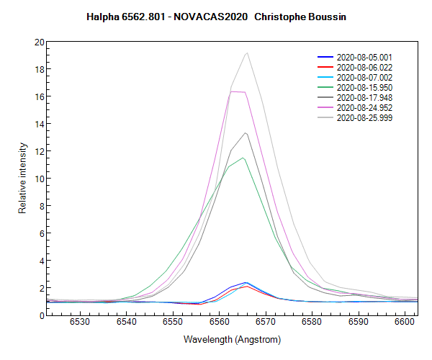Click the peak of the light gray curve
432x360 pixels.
coord(247,53)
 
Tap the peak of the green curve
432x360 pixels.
coord(244,158)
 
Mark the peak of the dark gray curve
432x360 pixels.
coord(246,133)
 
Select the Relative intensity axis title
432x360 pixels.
coord(22,177)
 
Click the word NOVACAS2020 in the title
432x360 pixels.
coord(214,15)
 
